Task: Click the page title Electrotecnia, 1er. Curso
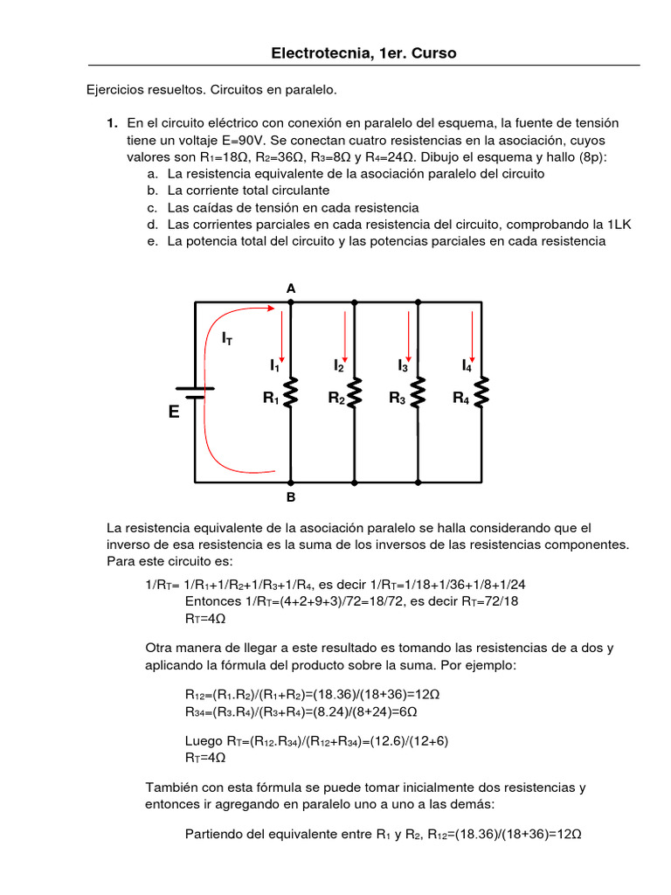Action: tap(363, 54)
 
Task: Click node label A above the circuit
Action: tap(291, 288)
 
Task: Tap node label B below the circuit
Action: tap(291, 497)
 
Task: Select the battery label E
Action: tap(174, 412)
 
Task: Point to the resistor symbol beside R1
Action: tap(291, 392)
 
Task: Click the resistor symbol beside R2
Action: tap(355, 394)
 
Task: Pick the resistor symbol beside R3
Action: tap(419, 392)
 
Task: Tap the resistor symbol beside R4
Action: tap(481, 393)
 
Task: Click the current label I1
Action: tap(274, 364)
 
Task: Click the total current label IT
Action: tap(227, 337)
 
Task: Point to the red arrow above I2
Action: tap(346, 336)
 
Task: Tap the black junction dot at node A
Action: tap(291, 302)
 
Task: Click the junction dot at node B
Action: tap(291, 482)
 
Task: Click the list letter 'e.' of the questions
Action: tap(153, 240)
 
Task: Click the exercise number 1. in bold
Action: tap(112, 123)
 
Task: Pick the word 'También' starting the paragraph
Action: tap(170, 787)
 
